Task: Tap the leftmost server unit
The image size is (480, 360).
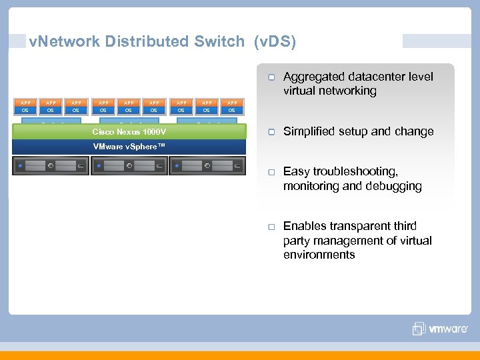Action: [51, 165]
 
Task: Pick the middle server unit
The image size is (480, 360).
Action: [129, 165]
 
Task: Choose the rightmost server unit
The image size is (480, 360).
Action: [207, 165]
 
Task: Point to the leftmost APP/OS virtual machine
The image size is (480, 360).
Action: [25, 107]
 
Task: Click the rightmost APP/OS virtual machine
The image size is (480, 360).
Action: [232, 107]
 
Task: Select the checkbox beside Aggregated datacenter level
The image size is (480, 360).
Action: [272, 77]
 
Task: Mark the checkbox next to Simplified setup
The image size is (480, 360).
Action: [272, 132]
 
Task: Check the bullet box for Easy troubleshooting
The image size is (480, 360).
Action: [272, 172]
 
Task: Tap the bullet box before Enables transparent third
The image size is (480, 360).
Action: [272, 227]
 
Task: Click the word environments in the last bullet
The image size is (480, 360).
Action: [319, 255]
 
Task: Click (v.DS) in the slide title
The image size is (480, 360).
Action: [274, 41]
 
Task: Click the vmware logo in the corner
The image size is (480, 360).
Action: [439, 329]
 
